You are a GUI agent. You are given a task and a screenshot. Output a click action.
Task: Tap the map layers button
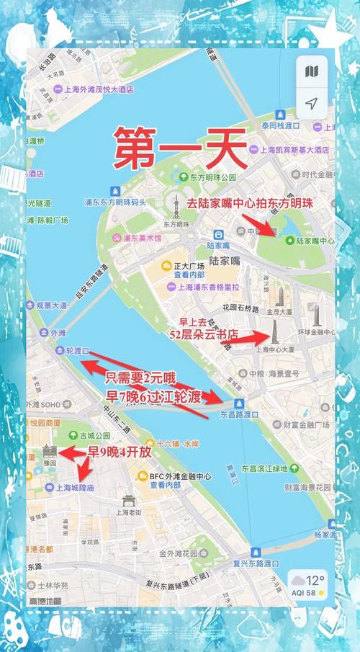click(x=311, y=71)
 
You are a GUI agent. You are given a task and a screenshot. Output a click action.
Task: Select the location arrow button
click(x=311, y=104)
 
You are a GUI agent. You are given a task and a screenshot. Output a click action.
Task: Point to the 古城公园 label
click(x=95, y=436)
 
